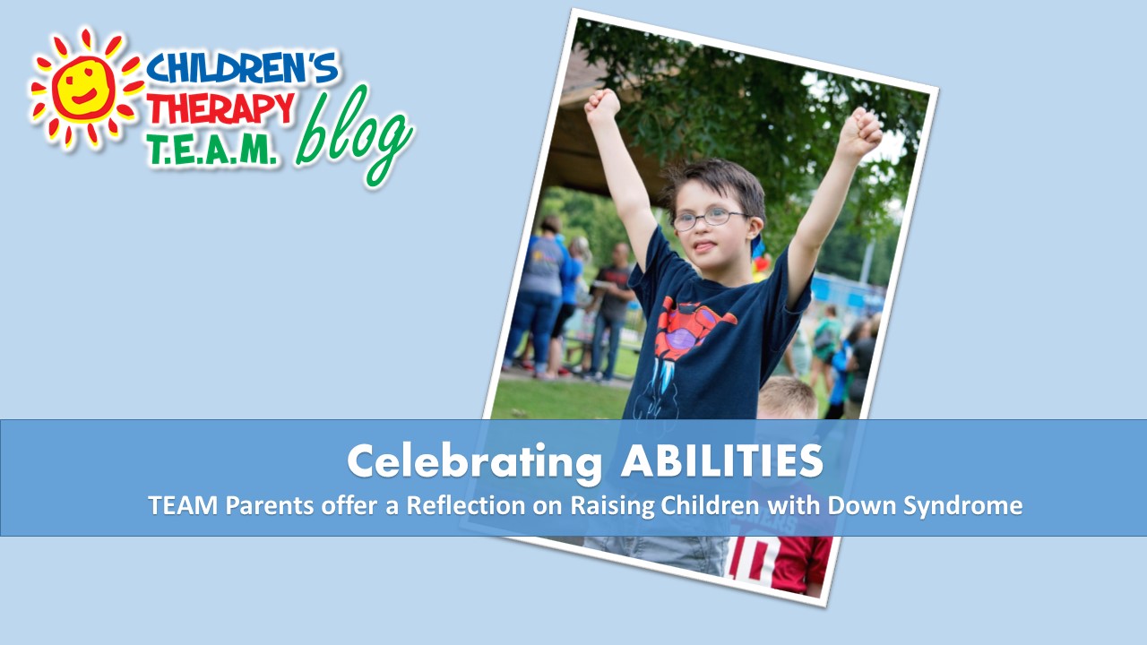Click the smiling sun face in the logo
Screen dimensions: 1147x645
pos(83,89)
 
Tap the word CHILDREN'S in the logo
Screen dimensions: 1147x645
pos(242,67)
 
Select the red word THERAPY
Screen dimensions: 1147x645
pos(221,108)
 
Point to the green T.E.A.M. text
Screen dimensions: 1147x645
pos(213,149)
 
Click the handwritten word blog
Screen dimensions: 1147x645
pos(353,134)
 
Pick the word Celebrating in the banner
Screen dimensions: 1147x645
pos(474,462)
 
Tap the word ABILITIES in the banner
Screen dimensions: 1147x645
pos(722,460)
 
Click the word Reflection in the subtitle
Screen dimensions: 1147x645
pos(466,505)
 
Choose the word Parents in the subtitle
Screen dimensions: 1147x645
pos(270,506)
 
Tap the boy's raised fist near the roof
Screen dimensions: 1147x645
pos(603,107)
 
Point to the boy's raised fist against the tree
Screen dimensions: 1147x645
pos(860,133)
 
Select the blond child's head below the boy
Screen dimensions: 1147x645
pos(787,399)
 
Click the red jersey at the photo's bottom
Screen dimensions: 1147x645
pos(780,563)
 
